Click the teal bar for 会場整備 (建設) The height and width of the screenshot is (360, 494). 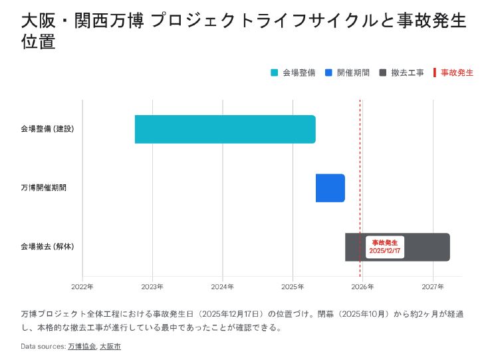[x=225, y=129]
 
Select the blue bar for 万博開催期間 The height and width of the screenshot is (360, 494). [x=330, y=188]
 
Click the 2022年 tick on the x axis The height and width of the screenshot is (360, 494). [x=82, y=287]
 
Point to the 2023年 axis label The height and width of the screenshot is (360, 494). [x=152, y=287]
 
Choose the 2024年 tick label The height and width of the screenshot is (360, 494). [x=223, y=287]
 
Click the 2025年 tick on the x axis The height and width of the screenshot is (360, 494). [x=293, y=287]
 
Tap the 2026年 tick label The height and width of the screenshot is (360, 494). [x=363, y=287]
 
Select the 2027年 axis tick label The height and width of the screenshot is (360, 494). [x=433, y=287]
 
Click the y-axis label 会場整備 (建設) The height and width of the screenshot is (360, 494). [x=47, y=128]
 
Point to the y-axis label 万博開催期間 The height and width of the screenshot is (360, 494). [x=43, y=188]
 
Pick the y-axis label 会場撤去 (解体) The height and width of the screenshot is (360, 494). [x=47, y=247]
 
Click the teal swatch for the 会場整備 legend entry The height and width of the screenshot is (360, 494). [x=275, y=73]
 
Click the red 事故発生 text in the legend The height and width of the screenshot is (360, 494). [x=457, y=73]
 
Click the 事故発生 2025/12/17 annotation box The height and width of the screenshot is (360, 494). [x=385, y=247]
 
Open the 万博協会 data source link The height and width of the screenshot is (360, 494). [x=82, y=346]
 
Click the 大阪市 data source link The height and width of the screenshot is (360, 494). [x=110, y=346]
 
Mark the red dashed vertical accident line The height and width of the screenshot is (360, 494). [x=360, y=166]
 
